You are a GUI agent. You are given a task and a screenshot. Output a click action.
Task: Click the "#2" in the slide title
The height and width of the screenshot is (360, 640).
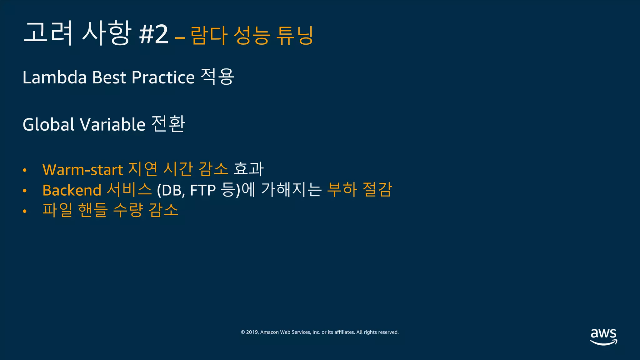click(x=154, y=34)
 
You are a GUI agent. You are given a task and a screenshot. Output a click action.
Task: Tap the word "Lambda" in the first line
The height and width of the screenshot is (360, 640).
click(x=54, y=77)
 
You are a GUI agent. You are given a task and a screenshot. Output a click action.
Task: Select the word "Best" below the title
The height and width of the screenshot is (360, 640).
click(x=109, y=77)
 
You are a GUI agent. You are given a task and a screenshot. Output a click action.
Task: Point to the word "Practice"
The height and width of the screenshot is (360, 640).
click(x=163, y=77)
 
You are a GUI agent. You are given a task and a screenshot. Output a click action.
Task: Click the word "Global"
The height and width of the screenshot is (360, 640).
click(x=48, y=124)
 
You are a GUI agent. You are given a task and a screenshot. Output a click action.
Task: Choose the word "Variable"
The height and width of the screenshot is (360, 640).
click(x=113, y=124)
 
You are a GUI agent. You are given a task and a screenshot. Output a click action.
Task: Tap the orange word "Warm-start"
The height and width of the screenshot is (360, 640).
click(x=82, y=170)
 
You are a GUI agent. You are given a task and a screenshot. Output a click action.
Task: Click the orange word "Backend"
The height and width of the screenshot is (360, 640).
click(x=72, y=190)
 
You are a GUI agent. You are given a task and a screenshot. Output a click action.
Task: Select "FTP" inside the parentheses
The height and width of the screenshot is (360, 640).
click(x=203, y=190)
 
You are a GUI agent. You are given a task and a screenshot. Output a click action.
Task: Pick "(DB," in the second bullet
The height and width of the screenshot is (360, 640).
click(x=171, y=190)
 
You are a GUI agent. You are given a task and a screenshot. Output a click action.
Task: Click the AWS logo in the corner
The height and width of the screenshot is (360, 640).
click(x=603, y=337)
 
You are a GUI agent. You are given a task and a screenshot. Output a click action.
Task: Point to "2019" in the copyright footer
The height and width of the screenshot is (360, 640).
click(x=252, y=332)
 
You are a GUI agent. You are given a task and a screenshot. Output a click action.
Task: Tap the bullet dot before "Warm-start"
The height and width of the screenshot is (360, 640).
click(x=25, y=171)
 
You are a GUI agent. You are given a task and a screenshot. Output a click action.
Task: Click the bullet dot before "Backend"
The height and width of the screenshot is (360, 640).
click(x=25, y=191)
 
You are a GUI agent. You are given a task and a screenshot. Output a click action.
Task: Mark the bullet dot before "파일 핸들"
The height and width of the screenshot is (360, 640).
click(x=25, y=211)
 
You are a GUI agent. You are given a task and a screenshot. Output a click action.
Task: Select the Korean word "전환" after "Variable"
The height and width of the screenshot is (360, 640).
click(x=168, y=124)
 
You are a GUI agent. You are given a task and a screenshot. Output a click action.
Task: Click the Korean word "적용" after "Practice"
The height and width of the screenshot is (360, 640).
click(x=217, y=77)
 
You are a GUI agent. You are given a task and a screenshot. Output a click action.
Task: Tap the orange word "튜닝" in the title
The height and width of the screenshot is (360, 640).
click(x=295, y=35)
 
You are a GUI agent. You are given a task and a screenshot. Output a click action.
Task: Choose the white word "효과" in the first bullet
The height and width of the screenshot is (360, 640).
click(x=249, y=169)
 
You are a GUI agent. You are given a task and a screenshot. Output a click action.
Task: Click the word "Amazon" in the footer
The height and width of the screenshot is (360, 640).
click(x=269, y=332)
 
